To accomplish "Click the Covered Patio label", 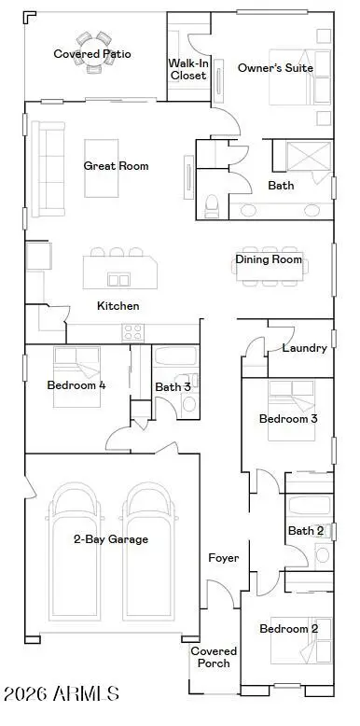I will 92,54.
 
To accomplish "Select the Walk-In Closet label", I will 187,69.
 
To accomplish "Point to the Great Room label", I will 117,166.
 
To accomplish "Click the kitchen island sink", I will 118,279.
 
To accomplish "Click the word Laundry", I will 304,348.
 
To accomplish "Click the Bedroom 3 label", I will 288,419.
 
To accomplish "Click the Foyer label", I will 223,558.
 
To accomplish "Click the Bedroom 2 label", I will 288,629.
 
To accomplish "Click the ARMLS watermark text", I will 62,694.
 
